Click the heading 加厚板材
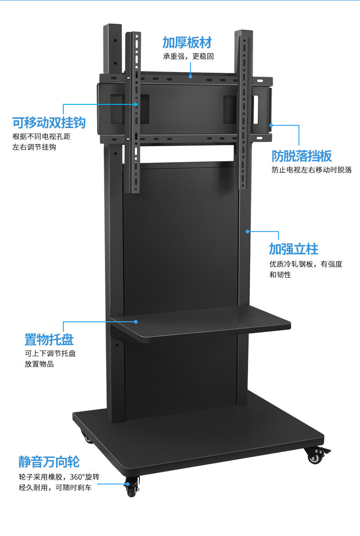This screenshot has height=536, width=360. coord(187,43)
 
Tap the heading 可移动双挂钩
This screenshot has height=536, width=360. coord(49,123)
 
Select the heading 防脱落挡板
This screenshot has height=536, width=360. coord(302,156)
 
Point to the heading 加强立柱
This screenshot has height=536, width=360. coord(293,249)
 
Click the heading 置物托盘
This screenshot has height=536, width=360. coord(49,340)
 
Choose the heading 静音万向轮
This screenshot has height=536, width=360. coord(49,462)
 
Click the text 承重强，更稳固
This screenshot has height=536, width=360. coord(188,57)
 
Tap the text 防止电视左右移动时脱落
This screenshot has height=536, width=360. coord(312,170)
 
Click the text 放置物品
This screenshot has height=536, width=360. coord(39,364)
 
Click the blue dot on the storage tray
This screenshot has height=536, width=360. coord(136,322)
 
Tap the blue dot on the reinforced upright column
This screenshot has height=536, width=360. coord(247,232)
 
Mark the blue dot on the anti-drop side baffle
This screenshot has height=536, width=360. coord(271,124)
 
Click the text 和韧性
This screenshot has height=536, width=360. coord(280,275)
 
